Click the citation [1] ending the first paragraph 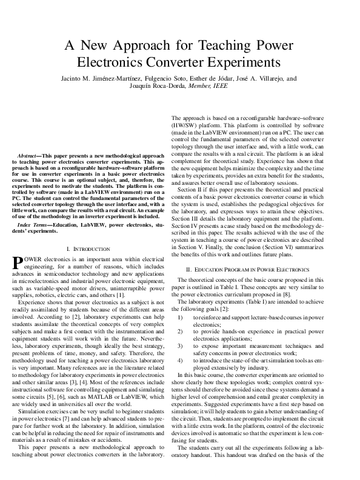120,295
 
